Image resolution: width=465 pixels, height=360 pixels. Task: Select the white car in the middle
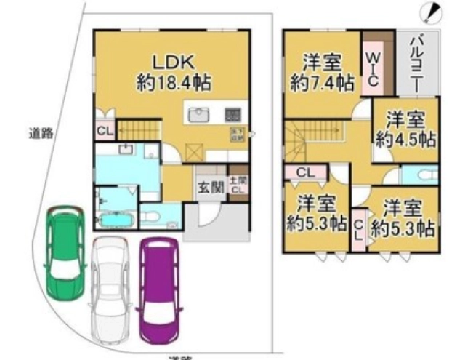coord(110,287)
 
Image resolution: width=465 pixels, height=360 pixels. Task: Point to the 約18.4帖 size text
coord(172,82)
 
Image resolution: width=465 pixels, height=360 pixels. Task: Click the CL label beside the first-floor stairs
coord(103,131)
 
